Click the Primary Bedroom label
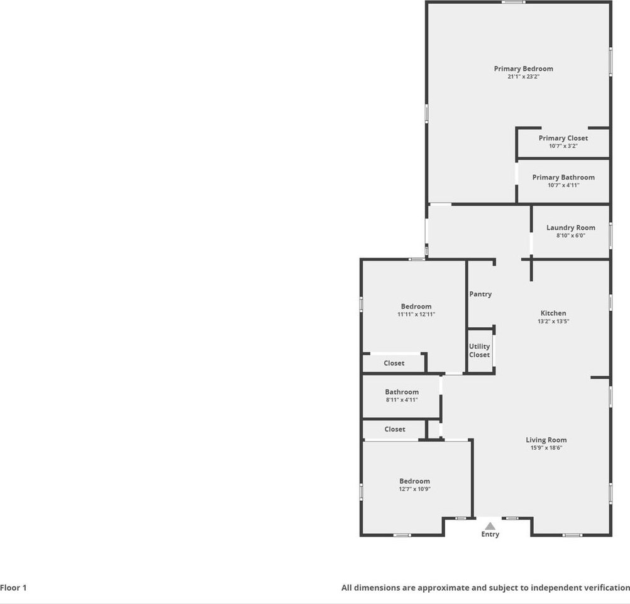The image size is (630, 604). pyautogui.click(x=523, y=69)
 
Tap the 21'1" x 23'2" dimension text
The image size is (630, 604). pyautogui.click(x=523, y=76)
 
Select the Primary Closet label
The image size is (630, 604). pyautogui.click(x=563, y=138)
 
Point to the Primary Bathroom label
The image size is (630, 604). pyautogui.click(x=563, y=177)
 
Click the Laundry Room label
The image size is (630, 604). pyautogui.click(x=570, y=228)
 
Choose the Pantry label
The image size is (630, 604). pyautogui.click(x=480, y=294)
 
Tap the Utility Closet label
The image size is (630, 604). pyautogui.click(x=479, y=350)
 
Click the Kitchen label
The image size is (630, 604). pyautogui.click(x=553, y=313)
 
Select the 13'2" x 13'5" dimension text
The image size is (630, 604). pyautogui.click(x=553, y=321)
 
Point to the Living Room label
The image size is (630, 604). pyautogui.click(x=546, y=440)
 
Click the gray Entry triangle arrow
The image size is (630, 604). pyautogui.click(x=490, y=525)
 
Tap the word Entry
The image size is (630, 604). pyautogui.click(x=490, y=534)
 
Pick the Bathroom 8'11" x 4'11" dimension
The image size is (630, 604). pyautogui.click(x=402, y=400)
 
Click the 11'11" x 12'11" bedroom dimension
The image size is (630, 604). pyautogui.click(x=416, y=314)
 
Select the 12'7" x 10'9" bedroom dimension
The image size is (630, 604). pyautogui.click(x=414, y=489)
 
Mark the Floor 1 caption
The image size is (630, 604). pyautogui.click(x=13, y=588)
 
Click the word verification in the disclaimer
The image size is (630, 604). pyautogui.click(x=605, y=588)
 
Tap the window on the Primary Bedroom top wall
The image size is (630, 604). pyautogui.click(x=514, y=2)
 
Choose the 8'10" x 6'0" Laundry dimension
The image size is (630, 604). pyautogui.click(x=570, y=236)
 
